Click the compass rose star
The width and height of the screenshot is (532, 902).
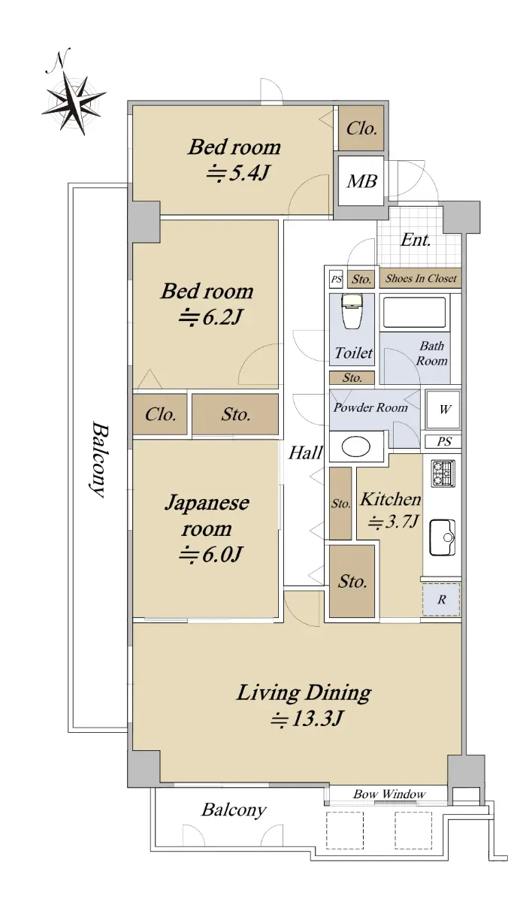(74, 103)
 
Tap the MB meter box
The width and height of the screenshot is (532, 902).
(361, 181)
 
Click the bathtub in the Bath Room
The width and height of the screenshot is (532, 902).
(414, 313)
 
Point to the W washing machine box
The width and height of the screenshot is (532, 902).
(443, 410)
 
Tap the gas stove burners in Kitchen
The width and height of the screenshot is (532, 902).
(443, 474)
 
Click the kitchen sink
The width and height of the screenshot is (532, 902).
(443, 537)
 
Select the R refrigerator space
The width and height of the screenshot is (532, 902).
(441, 599)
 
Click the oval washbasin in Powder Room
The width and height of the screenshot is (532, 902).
(355, 446)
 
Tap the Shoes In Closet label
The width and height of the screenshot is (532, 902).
(421, 278)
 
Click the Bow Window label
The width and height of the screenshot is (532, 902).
(389, 794)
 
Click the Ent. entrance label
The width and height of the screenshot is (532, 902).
(416, 240)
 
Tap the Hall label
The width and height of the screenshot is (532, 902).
(305, 453)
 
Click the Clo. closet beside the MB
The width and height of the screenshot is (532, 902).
(361, 129)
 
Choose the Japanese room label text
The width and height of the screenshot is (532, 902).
(207, 516)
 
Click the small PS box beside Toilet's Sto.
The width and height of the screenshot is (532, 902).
(336, 279)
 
